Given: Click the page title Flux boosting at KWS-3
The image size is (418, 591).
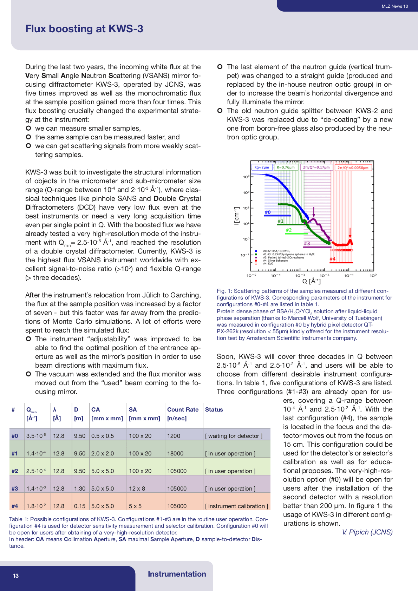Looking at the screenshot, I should tap(84, 29).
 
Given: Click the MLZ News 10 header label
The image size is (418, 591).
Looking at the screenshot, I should tap(394, 6).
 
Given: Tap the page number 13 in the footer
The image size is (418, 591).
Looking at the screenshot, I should tap(16, 576).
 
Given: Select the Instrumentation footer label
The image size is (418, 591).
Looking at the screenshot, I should tap(177, 574).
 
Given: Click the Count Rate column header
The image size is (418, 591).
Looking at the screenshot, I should tap(183, 409).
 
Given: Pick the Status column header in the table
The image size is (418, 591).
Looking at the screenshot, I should tap(214, 409).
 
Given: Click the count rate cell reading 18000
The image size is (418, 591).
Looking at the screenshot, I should tap(175, 453).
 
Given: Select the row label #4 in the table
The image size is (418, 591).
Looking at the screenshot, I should tap(15, 506).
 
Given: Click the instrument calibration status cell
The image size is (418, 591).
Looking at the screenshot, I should tap(236, 506).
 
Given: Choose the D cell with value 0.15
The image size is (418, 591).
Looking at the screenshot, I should tap(80, 506).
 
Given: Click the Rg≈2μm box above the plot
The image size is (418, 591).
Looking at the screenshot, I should tap(262, 168).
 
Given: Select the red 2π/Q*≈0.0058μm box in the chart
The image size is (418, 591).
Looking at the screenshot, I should tap(353, 168).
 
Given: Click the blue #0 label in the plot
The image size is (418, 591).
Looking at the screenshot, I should tap(268, 212).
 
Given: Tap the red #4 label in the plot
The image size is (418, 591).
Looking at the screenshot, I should tap(332, 259).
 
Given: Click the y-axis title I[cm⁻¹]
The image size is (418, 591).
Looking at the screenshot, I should tap(237, 216).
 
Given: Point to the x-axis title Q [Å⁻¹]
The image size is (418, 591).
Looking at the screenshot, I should tap(311, 281).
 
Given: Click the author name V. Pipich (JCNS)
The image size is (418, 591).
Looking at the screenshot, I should tap(367, 532).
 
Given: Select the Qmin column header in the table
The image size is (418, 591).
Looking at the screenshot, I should tap(32, 414).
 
